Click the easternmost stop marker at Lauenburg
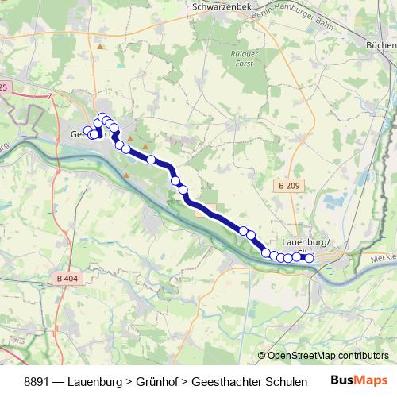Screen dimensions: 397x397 tap(310, 256)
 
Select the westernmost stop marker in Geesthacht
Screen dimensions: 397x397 tap(87, 131)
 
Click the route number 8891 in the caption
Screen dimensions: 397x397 tap(40, 381)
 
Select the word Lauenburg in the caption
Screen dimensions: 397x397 tap(100, 381)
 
